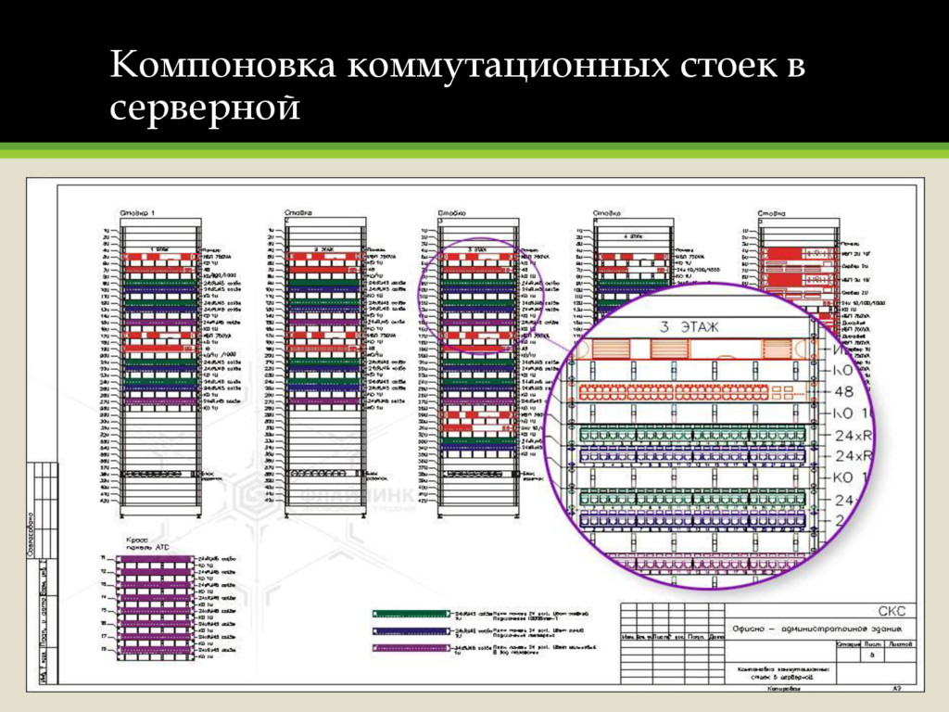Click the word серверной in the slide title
pos(205,108)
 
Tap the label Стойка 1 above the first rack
pos(138,213)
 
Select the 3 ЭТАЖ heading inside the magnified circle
pos(690,326)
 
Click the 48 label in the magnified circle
pos(838,391)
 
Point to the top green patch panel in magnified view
pos(690,434)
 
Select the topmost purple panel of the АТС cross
pos(156,559)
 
